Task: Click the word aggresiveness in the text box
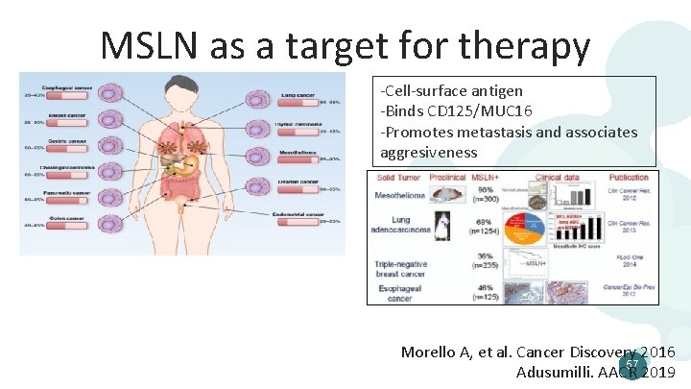[428, 153]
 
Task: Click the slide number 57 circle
[631, 364]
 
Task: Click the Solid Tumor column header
[398, 178]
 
